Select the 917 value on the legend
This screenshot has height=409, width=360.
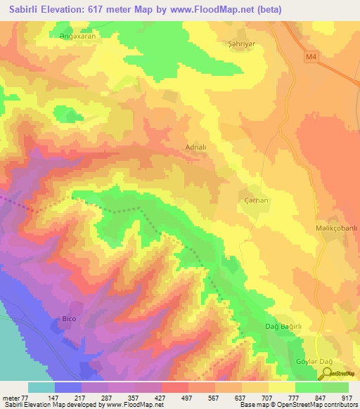click(x=348, y=398)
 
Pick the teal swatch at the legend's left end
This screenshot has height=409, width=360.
click(x=41, y=387)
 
